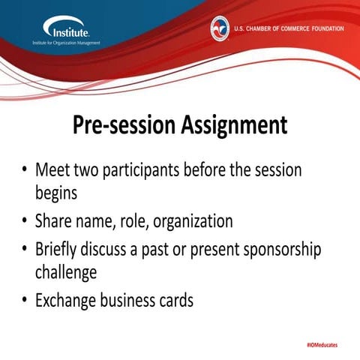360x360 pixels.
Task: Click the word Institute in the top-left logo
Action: tap(70, 32)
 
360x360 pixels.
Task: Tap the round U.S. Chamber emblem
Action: tap(220, 28)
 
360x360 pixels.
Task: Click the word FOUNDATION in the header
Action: tap(323, 28)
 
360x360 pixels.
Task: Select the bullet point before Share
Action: tap(24, 222)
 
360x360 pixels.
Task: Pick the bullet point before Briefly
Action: tap(24, 249)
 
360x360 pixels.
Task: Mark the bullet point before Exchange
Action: tap(24, 301)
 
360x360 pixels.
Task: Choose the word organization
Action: tap(190, 222)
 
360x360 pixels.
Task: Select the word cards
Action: tap(174, 301)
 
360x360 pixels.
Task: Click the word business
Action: tap(121, 301)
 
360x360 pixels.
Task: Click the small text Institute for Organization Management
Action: tap(66, 43)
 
